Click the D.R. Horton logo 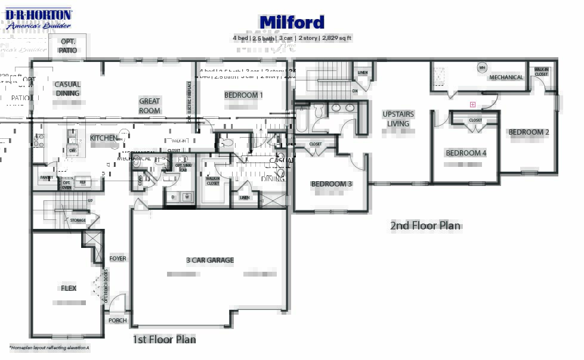point(38,18)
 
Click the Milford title point(292,23)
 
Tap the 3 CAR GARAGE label point(210,260)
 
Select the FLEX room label point(69,288)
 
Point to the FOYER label point(118,259)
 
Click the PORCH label point(118,321)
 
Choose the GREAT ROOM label point(150,106)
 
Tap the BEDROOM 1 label point(243,95)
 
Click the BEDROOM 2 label point(529,132)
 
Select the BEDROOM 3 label point(331,184)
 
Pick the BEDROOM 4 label point(466,153)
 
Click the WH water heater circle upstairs point(482,68)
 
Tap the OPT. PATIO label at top point(68,46)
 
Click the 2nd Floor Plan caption point(425,226)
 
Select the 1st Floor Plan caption point(163,340)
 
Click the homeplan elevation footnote point(49,347)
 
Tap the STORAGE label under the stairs point(78,221)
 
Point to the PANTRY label point(47,178)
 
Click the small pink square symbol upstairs point(472,104)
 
